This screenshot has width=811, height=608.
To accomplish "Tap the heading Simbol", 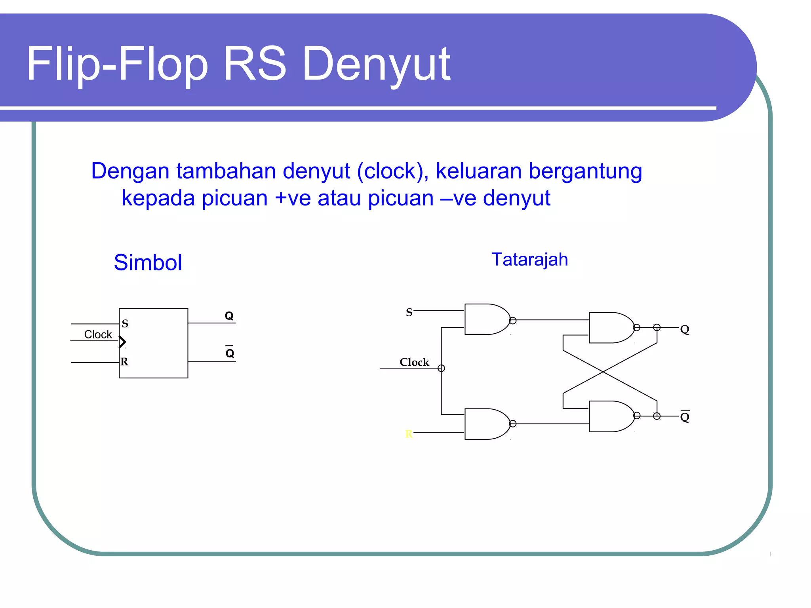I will click(148, 262).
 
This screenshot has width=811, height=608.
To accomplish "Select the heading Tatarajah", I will click(529, 260).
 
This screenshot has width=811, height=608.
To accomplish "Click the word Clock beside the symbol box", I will click(98, 334).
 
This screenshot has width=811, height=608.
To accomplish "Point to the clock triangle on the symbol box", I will click(122, 342).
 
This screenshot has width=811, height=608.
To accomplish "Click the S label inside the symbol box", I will click(125, 324).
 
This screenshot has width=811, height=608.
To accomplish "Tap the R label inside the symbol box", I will click(124, 362).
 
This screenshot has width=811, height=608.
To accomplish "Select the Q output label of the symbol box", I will click(229, 316).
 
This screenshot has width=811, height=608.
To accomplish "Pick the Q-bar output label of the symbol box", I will click(230, 353).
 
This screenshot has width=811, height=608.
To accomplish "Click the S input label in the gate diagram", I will click(409, 313).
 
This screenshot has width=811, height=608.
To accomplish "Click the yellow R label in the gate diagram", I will click(409, 434).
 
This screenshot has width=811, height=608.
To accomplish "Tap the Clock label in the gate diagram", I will click(414, 362).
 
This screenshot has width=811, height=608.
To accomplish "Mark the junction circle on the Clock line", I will click(441, 369).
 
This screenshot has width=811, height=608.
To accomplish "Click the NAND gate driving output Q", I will click(611, 328).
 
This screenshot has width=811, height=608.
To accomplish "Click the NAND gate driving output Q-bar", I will click(611, 416).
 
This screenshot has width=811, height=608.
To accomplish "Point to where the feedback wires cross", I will click(603, 372).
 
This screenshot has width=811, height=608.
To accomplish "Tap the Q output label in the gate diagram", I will click(685, 329).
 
